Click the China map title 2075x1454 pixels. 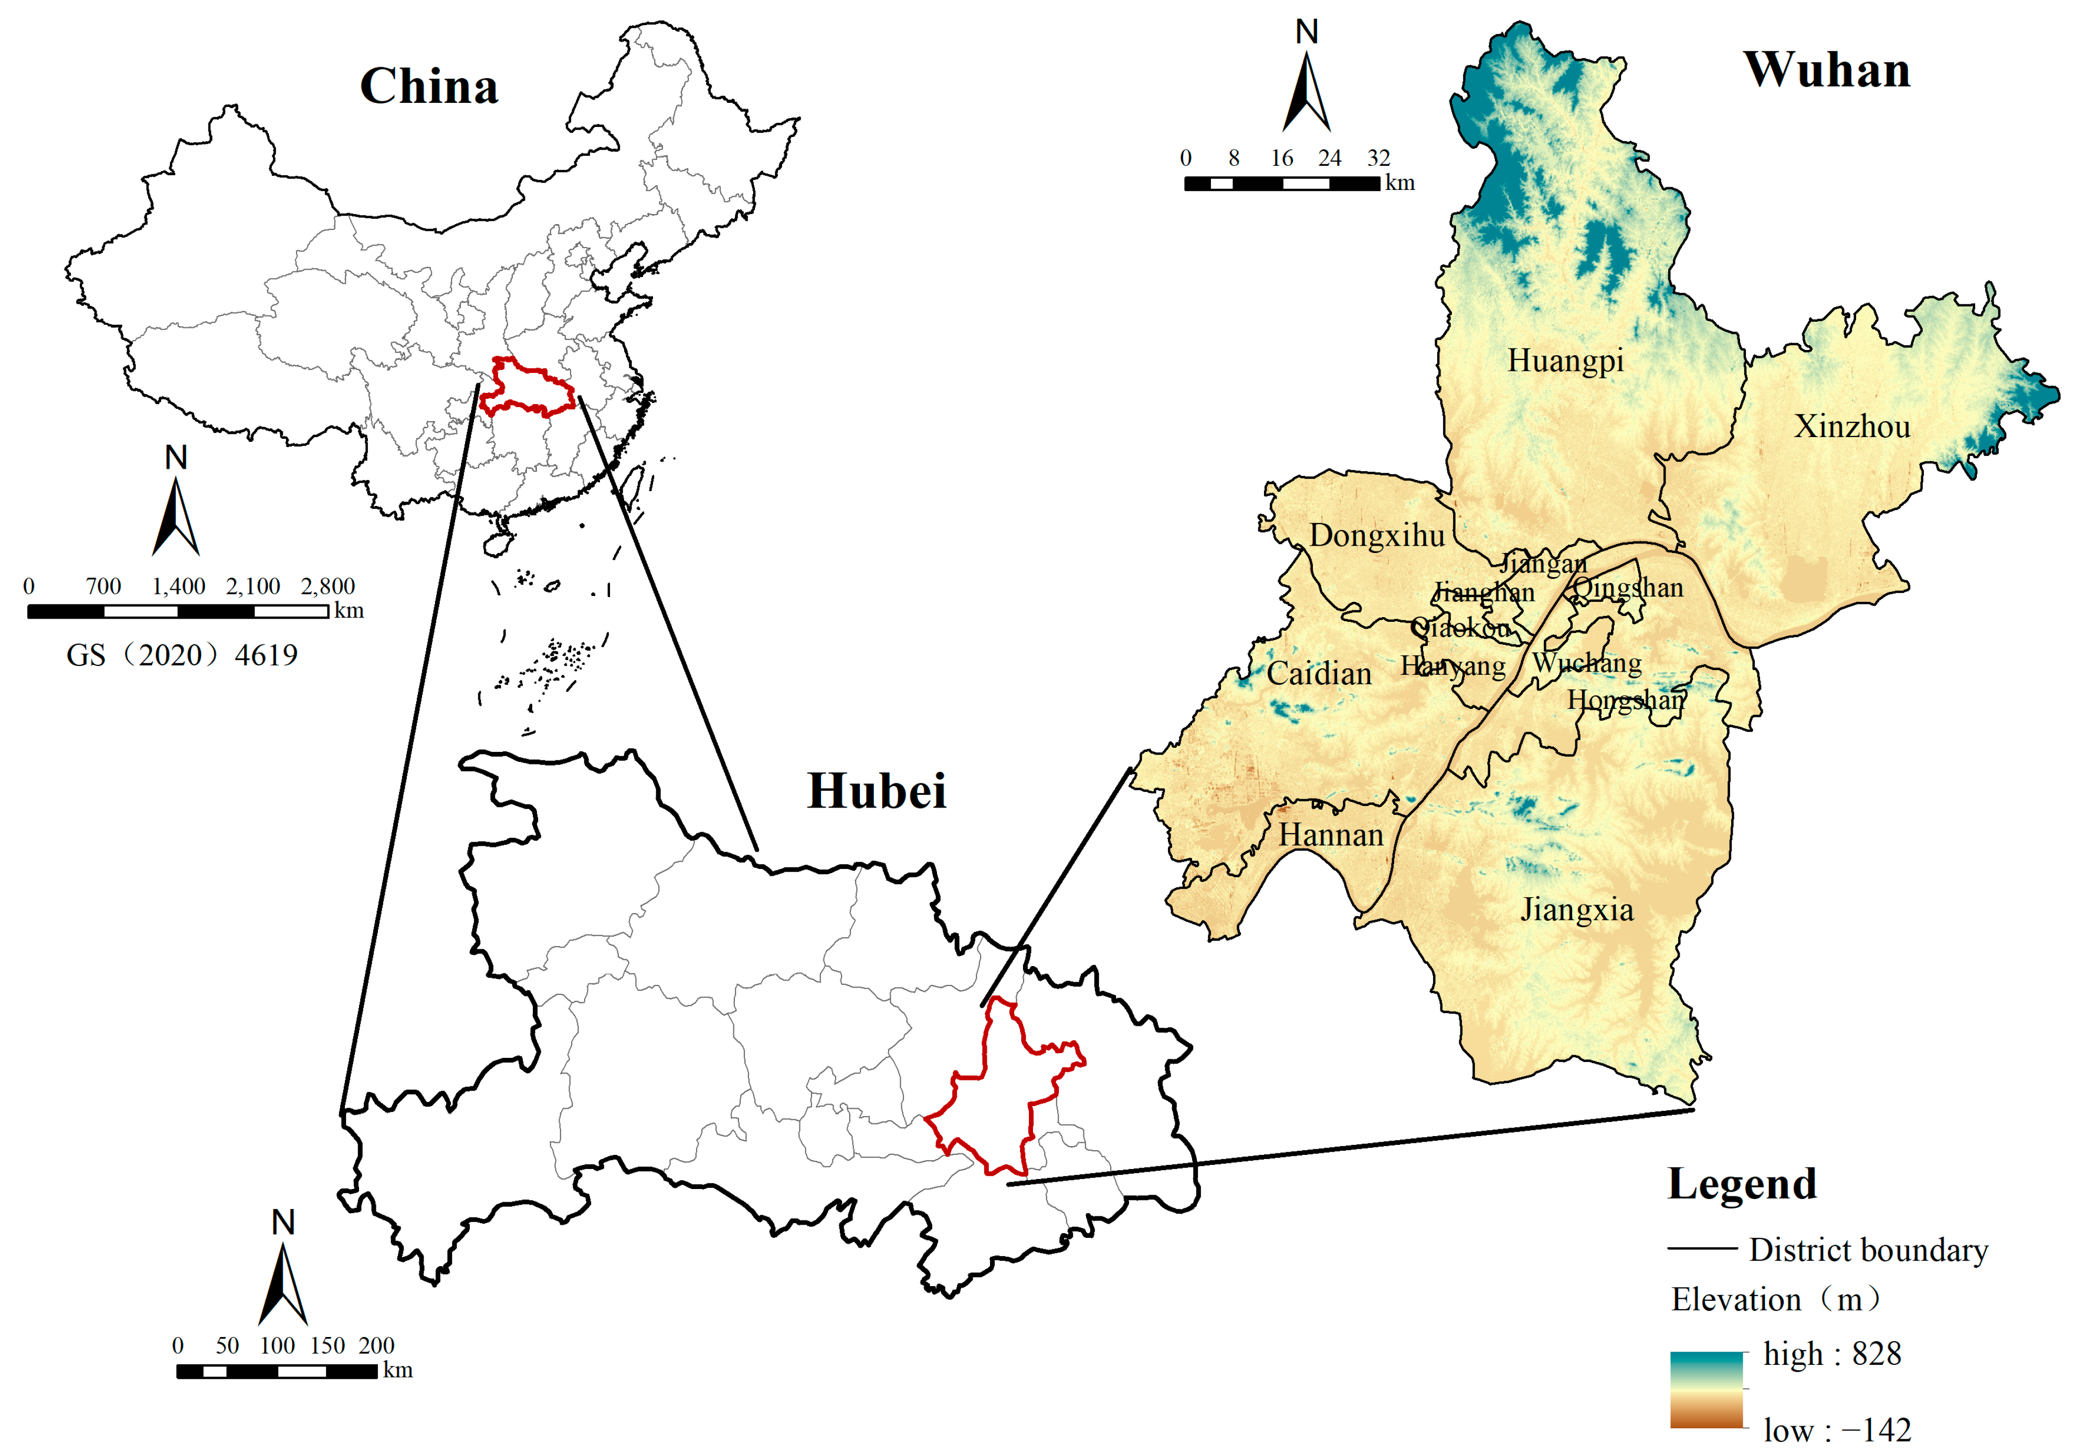click(x=429, y=87)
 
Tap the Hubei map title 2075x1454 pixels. click(x=877, y=792)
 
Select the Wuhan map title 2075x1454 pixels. click(x=1827, y=70)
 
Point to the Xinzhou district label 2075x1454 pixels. click(x=1852, y=427)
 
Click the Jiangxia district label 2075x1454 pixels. click(x=1577, y=910)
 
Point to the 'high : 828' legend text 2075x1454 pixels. click(x=1832, y=1354)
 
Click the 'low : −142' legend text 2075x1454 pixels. click(x=1836, y=1430)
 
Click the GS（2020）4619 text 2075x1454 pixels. click(x=182, y=655)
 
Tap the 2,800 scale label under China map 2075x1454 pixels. click(x=327, y=587)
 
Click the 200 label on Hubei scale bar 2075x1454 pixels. click(x=376, y=1345)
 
